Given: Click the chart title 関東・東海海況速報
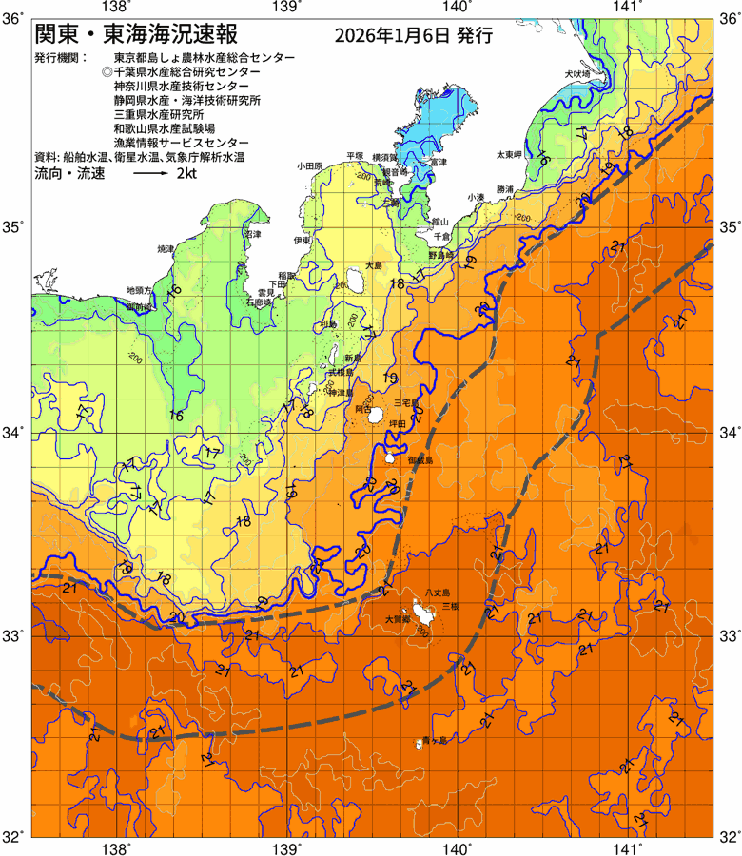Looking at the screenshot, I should (x=136, y=35).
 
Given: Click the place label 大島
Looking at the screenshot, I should (x=374, y=267).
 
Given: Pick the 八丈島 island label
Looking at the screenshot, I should (x=439, y=592).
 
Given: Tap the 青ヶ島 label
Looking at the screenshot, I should (x=435, y=739).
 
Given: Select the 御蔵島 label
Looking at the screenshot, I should (x=420, y=459).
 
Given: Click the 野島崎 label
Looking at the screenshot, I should (x=440, y=255).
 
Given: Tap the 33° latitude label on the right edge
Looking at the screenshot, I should (x=727, y=634).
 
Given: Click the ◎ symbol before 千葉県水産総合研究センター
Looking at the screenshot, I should (x=107, y=72).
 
